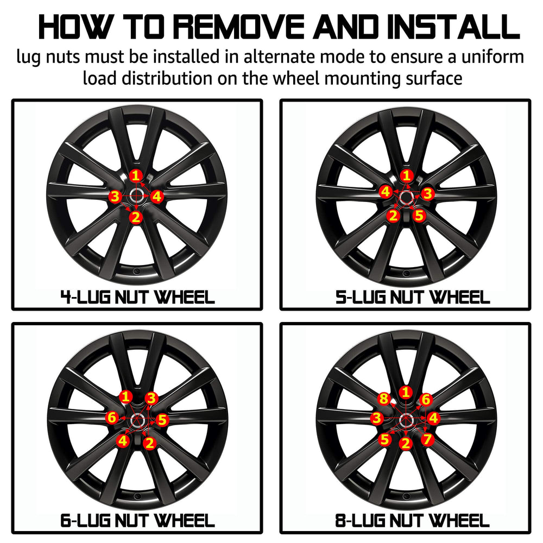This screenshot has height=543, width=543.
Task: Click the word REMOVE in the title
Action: click(238, 27)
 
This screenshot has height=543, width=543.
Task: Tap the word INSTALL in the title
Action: click(453, 27)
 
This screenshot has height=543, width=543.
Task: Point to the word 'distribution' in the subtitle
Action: click(167, 78)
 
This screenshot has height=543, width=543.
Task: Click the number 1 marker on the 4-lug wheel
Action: click(136, 175)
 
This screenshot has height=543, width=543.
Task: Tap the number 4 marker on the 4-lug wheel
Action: click(157, 197)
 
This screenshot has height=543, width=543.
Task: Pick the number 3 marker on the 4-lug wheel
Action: click(115, 197)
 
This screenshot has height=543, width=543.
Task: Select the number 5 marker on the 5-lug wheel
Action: click(419, 216)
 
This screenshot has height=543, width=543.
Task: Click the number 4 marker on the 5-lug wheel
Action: click(386, 192)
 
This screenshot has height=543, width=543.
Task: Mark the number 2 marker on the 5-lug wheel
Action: click(393, 216)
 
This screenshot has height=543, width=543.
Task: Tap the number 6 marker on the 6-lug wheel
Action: click(112, 417)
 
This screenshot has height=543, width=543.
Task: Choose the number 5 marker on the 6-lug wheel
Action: click(162, 420)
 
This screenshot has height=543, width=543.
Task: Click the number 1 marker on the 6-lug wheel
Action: click(126, 397)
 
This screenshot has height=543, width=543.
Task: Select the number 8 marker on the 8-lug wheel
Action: click(384, 399)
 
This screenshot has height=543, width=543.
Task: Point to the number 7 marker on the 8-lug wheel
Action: click(427, 439)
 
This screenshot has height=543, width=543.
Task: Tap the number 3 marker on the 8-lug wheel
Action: click(377, 418)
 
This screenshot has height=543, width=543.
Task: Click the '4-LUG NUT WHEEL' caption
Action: click(137, 298)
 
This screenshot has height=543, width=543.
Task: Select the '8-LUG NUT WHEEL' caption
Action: click(412, 521)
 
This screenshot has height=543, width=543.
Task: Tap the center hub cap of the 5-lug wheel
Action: click(406, 197)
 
